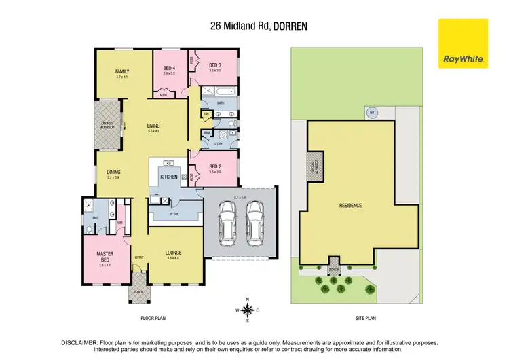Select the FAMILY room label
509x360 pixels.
[x=122, y=71]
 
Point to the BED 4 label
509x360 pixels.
[x=170, y=69]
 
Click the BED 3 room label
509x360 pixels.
[x=215, y=65]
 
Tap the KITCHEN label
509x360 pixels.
[x=168, y=177]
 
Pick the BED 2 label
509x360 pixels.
[x=215, y=167]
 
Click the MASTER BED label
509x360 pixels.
[x=104, y=256]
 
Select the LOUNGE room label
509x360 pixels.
[x=172, y=253]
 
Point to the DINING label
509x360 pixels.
[x=113, y=173]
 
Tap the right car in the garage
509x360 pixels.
[x=255, y=223]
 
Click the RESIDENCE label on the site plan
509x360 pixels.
[x=350, y=205]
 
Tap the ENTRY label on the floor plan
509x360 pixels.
[x=139, y=257]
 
